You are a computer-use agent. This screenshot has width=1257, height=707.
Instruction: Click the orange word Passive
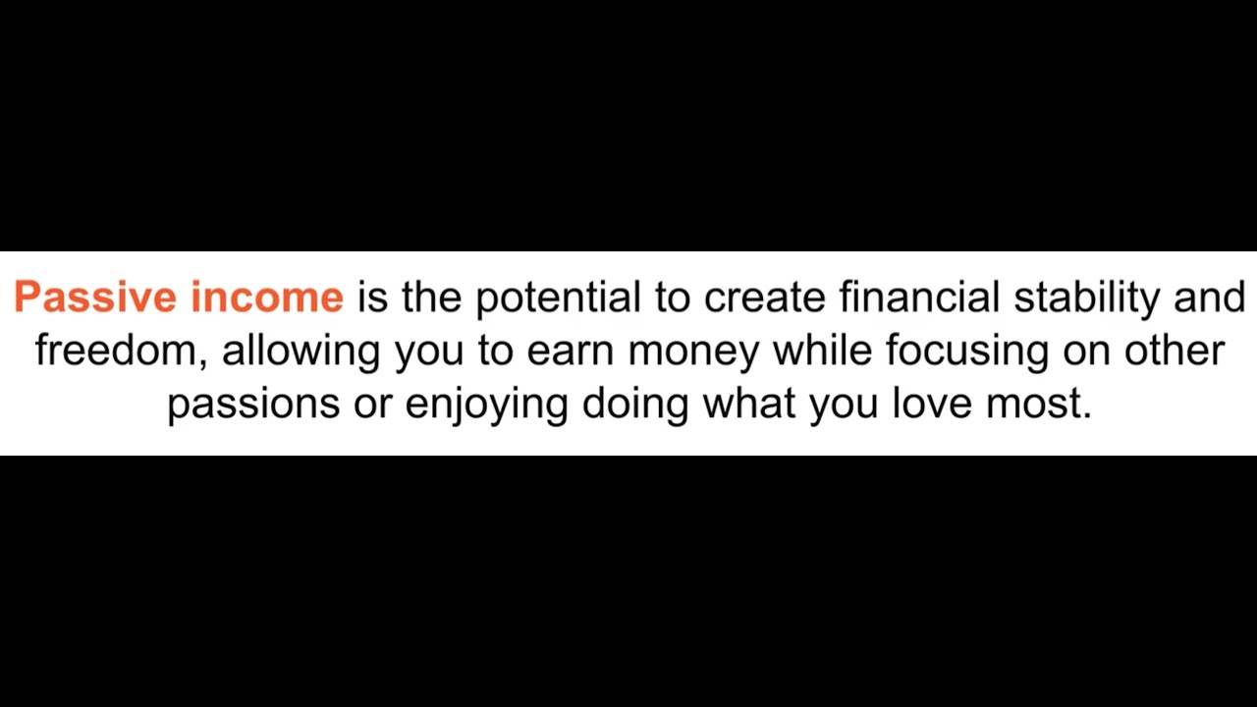(x=95, y=297)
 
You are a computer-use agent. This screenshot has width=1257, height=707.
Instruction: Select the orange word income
(x=267, y=297)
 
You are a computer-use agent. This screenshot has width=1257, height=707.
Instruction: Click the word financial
(x=919, y=297)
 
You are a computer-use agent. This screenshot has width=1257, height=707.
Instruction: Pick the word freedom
(x=117, y=351)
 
